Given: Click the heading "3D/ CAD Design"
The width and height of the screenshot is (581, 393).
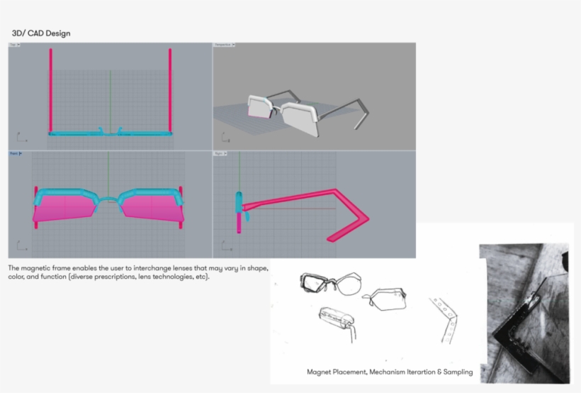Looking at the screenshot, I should point(41,33).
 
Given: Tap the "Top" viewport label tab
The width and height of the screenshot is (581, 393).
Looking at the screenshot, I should point(14,45).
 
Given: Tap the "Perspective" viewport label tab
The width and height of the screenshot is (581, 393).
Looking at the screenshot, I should point(225,45).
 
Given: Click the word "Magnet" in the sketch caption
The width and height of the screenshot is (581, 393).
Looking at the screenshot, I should point(320,372).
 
